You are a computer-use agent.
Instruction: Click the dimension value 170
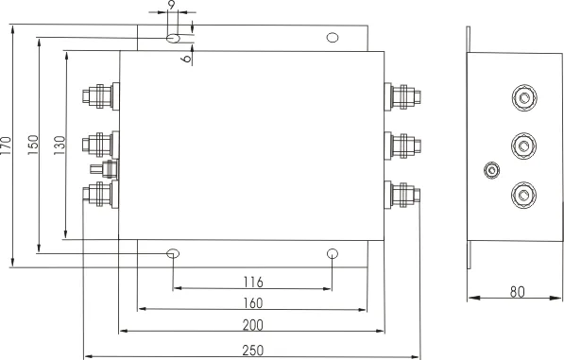(x=8, y=146)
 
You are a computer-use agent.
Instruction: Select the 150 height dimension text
(x=32, y=146)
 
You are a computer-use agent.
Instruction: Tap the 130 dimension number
(x=59, y=146)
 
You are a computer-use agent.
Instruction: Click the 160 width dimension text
(x=252, y=302)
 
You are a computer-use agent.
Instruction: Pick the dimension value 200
(x=252, y=325)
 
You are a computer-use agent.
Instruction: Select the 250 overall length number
(x=252, y=350)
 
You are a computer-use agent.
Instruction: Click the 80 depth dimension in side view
(x=517, y=292)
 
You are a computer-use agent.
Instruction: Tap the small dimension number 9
(x=170, y=6)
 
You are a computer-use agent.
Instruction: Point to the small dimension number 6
(x=186, y=58)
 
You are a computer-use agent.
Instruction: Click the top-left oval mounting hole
(x=173, y=39)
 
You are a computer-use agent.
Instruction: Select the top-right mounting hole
(x=332, y=39)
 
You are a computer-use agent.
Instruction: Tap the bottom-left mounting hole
(x=173, y=254)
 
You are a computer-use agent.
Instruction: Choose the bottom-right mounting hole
(x=332, y=254)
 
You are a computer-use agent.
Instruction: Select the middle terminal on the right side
(x=403, y=145)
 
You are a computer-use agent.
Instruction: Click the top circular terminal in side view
(x=521, y=97)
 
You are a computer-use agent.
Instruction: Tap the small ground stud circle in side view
(x=490, y=170)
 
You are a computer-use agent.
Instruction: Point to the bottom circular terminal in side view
(x=521, y=195)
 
